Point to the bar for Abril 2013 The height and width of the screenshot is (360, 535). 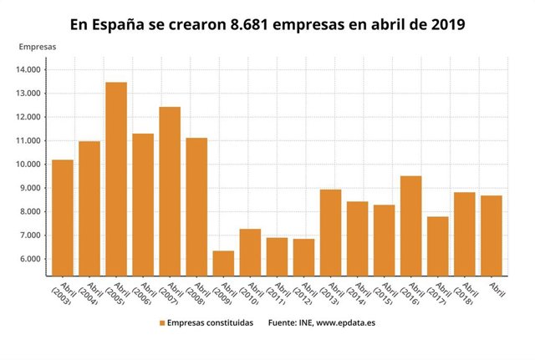(330, 231)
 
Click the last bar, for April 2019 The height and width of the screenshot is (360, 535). (491, 235)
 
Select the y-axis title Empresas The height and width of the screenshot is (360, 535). (38, 47)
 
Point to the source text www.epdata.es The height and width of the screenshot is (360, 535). (344, 322)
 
